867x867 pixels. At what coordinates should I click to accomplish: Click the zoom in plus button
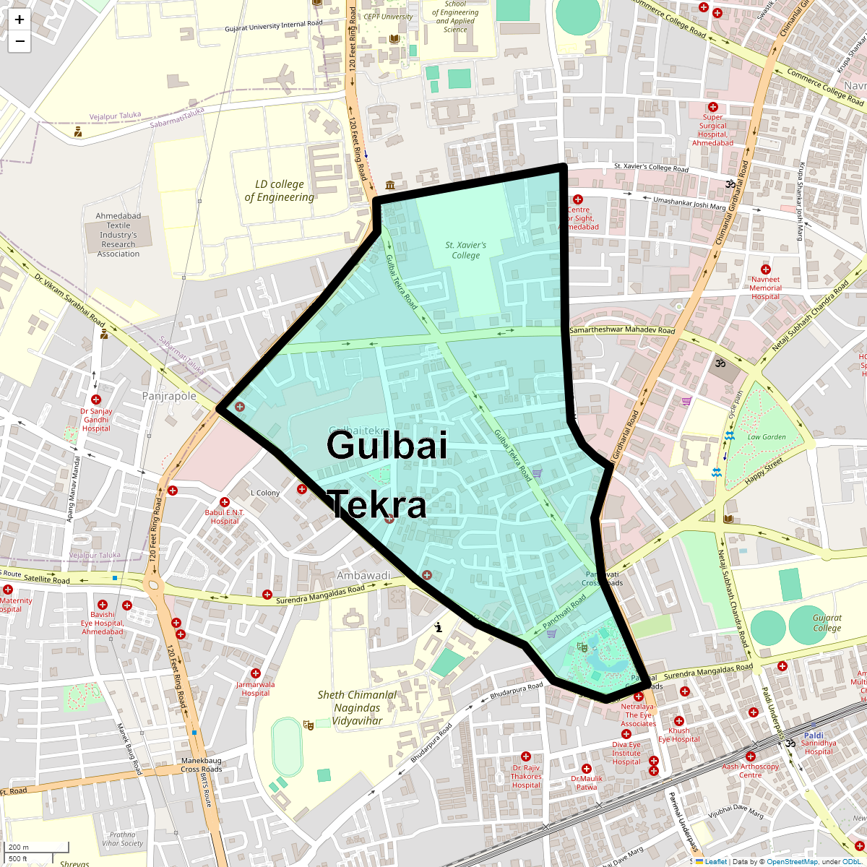[20, 20]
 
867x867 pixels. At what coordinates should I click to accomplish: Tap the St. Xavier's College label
[466, 250]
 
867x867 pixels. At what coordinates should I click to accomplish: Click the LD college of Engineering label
[280, 191]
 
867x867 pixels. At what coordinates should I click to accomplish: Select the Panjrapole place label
[169, 396]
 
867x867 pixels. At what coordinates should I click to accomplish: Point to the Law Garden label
[767, 436]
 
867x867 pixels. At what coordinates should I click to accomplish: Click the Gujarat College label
[827, 623]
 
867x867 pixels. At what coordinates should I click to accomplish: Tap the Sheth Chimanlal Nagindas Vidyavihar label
[357, 707]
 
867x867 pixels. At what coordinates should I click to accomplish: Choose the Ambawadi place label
[363, 576]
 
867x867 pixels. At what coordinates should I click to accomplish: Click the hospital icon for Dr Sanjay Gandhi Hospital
[96, 400]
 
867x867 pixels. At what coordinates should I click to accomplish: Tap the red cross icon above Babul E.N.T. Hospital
[225, 502]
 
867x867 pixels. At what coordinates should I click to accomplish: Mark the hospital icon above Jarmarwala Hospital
[256, 673]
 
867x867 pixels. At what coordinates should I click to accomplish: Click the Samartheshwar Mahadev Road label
[622, 330]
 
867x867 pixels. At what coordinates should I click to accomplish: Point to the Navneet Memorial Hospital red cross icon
[766, 269]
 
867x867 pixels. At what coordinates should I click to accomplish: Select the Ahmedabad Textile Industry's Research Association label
[118, 235]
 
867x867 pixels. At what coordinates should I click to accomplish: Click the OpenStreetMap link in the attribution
[792, 861]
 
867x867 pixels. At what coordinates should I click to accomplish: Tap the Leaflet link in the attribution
[715, 861]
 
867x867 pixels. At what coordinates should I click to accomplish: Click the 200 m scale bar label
[19, 847]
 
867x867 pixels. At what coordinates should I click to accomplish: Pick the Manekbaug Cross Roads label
[202, 764]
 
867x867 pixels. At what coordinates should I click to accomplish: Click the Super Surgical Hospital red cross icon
[712, 107]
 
